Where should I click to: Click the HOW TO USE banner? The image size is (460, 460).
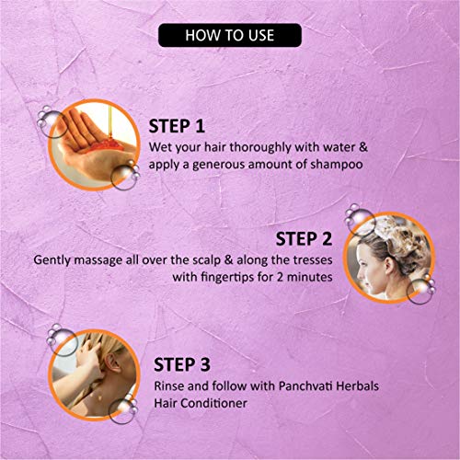[x=230, y=35]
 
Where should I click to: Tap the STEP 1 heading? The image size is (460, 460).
[x=177, y=126]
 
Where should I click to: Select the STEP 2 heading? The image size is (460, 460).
[x=304, y=239]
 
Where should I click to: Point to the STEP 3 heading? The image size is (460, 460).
[x=182, y=364]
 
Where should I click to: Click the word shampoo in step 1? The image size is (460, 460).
[x=337, y=165]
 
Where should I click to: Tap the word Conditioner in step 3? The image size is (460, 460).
[x=213, y=403]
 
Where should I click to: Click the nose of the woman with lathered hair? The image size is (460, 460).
[x=361, y=276]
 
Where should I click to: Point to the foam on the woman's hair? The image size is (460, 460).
[x=398, y=239]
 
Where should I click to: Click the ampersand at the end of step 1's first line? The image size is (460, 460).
[x=362, y=147]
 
